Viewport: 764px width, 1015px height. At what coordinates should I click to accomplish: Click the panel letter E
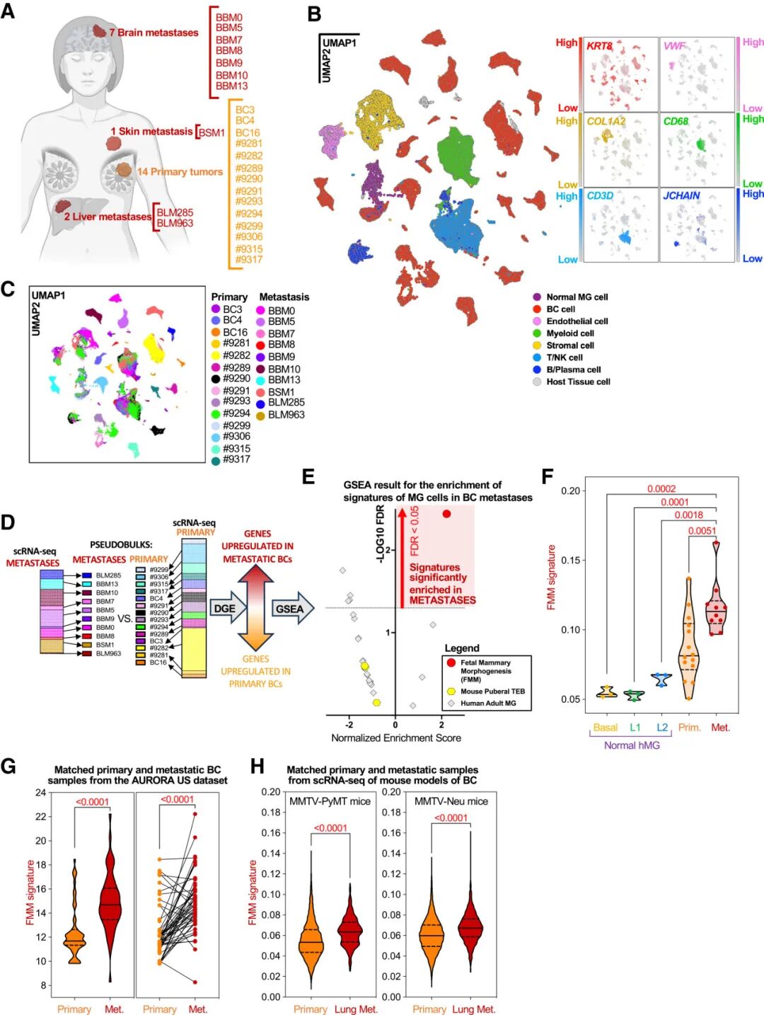(x=308, y=476)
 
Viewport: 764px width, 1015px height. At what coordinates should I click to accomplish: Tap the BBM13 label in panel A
(x=231, y=86)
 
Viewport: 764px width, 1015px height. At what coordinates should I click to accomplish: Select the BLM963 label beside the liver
(x=175, y=224)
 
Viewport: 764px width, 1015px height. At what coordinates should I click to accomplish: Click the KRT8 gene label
(x=599, y=46)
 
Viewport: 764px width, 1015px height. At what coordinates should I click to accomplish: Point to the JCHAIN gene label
(x=681, y=196)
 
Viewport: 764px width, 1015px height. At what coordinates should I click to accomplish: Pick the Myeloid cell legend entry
(x=569, y=333)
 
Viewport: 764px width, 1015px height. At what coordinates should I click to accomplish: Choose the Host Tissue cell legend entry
(x=577, y=382)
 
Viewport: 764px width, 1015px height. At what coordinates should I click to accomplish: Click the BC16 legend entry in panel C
(x=235, y=332)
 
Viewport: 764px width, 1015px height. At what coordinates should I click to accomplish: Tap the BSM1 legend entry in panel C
(x=281, y=392)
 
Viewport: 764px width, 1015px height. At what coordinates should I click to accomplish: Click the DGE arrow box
(x=226, y=609)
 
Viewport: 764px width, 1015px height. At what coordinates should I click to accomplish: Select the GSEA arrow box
(x=289, y=609)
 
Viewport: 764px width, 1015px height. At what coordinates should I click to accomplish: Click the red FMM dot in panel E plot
(x=446, y=514)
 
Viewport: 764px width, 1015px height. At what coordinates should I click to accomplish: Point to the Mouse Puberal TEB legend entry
(x=492, y=692)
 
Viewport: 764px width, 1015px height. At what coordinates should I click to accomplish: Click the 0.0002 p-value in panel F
(x=661, y=489)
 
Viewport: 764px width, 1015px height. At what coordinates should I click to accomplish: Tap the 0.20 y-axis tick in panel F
(x=570, y=491)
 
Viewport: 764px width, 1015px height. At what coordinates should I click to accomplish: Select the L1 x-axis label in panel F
(x=635, y=728)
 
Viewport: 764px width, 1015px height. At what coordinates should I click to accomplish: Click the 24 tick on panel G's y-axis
(x=40, y=793)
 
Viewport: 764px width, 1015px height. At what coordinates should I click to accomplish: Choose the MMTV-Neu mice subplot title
(x=451, y=801)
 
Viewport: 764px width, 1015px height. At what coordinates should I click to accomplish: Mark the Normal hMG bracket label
(x=631, y=745)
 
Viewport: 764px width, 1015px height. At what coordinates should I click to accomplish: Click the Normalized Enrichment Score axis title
(x=395, y=738)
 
